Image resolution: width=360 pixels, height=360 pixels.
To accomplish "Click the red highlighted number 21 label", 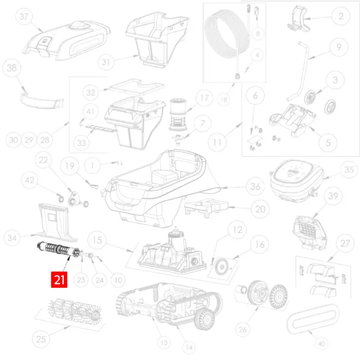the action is [x=59, y=279].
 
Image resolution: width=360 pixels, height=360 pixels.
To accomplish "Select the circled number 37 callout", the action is [x=24, y=16].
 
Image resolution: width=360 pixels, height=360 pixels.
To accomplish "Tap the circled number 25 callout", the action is [x=41, y=339].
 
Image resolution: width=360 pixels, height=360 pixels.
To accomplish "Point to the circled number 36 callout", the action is [x=255, y=186].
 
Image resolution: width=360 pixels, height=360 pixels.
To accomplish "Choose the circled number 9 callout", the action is [x=339, y=47].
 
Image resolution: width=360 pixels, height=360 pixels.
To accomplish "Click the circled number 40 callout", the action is [x=321, y=344].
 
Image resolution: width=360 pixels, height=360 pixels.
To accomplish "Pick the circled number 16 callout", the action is [x=260, y=245].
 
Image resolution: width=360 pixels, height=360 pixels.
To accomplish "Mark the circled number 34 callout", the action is [x=12, y=238].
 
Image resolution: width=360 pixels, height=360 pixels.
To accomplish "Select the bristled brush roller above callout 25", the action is [x=74, y=310].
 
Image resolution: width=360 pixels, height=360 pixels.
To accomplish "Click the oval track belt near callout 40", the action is [x=313, y=319].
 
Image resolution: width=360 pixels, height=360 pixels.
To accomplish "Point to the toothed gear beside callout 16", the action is [x=222, y=267].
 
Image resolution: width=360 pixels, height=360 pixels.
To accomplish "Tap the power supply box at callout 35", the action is [x=297, y=181].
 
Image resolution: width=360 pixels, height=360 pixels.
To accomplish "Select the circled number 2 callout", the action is [x=341, y=16].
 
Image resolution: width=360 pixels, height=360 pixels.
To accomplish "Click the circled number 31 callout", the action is [x=106, y=62].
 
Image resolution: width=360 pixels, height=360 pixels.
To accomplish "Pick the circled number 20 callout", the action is [x=260, y=209].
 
